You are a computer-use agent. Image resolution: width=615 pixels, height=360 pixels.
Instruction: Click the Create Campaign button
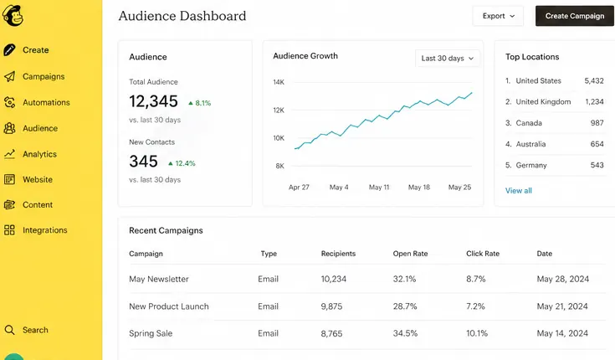(x=575, y=16)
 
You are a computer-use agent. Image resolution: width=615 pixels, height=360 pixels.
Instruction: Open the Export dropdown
(x=498, y=16)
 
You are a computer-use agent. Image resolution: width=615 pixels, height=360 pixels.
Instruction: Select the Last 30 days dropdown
(x=447, y=59)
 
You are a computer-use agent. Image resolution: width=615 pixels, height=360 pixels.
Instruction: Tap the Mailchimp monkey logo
(x=13, y=16)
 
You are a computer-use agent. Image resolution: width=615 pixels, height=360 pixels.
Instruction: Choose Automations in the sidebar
(x=46, y=102)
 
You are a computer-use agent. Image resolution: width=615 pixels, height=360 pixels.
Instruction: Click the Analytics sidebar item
(x=39, y=154)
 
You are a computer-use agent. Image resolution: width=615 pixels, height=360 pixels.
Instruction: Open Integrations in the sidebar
(x=44, y=230)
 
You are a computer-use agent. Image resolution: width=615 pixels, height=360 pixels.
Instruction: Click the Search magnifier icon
(x=9, y=330)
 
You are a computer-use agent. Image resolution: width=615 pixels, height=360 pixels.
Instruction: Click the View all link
(x=519, y=191)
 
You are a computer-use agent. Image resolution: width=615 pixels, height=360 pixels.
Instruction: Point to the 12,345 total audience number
(x=153, y=101)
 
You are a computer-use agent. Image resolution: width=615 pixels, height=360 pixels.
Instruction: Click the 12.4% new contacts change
(x=182, y=163)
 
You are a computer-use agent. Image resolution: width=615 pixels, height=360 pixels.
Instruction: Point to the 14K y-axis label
(x=279, y=82)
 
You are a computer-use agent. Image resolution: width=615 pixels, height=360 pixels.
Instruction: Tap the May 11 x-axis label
(x=379, y=188)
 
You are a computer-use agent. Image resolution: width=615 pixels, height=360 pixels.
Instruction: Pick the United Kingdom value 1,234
(x=594, y=101)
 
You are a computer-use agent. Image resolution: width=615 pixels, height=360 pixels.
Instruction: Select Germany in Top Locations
(x=531, y=165)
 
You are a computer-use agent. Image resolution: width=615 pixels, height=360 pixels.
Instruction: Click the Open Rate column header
(x=410, y=254)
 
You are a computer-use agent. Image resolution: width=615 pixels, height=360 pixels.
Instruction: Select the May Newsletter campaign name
(x=159, y=279)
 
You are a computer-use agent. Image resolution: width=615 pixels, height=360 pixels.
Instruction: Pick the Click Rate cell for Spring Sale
(x=477, y=333)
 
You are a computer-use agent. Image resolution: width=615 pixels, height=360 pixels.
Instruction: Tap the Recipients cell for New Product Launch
(x=331, y=306)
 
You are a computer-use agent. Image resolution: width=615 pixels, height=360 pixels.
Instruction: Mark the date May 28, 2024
(x=563, y=279)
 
